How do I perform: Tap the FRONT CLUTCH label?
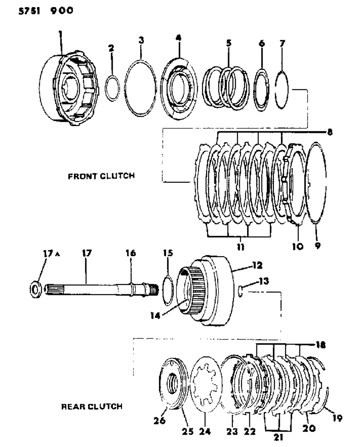tap(101, 176)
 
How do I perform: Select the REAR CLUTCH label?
tap(92, 407)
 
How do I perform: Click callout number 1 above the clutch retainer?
tap(60, 34)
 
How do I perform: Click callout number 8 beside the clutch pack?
tap(330, 132)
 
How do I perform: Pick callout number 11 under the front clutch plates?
tap(240, 248)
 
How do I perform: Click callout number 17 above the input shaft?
tap(86, 253)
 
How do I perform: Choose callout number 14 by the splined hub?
tap(155, 316)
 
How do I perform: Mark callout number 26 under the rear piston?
tap(160, 420)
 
